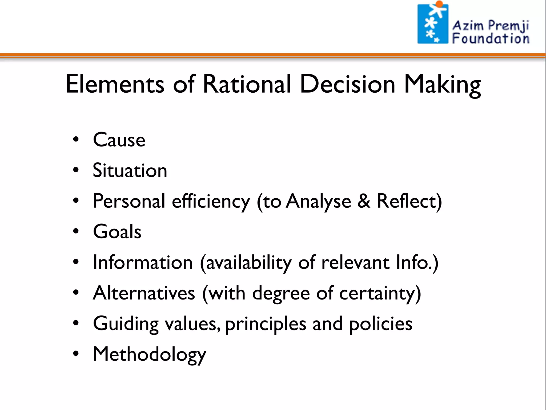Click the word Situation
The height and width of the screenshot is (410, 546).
130,170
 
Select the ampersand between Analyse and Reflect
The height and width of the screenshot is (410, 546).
364,201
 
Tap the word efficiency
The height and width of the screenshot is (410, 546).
211,202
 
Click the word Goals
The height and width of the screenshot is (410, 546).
117,231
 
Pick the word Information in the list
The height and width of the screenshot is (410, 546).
143,262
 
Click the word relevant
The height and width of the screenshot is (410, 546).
355,262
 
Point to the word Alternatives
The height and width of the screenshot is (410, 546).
144,293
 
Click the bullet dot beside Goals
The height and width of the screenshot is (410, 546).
76,231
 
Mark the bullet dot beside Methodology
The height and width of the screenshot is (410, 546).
76,354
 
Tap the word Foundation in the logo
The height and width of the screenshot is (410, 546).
491,38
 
